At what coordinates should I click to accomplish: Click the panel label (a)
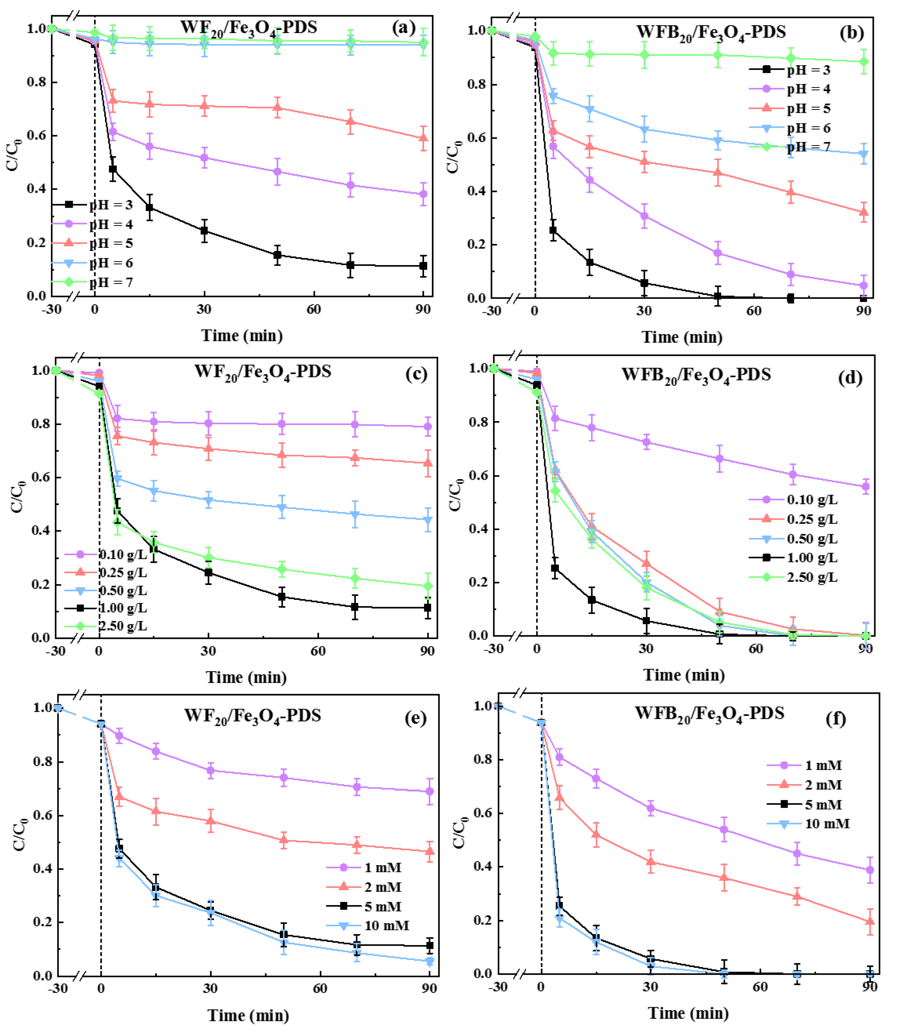(x=404, y=28)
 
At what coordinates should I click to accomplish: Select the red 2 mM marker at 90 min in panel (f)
(x=870, y=921)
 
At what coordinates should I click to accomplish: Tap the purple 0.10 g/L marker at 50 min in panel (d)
(x=720, y=458)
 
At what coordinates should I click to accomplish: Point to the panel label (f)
(x=835, y=719)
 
